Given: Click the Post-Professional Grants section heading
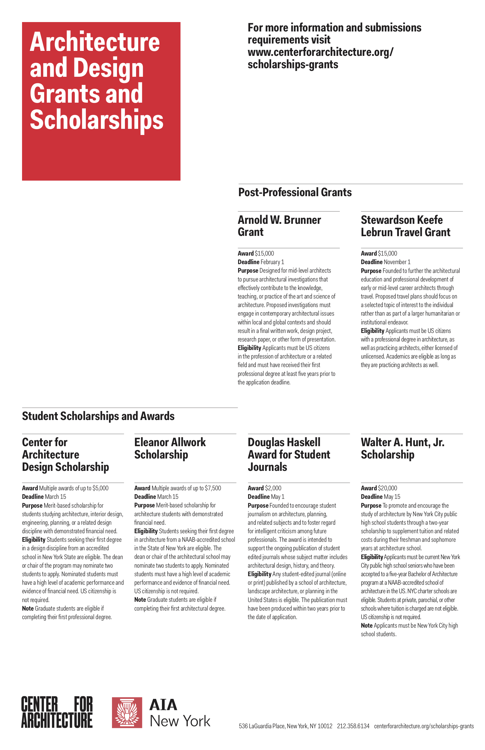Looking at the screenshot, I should point(295,192).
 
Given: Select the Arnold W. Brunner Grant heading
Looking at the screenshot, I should point(279,226).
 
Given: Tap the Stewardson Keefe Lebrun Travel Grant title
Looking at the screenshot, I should point(405,226).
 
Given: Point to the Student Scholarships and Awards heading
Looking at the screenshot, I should point(98,416).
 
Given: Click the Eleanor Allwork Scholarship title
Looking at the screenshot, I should point(170,448).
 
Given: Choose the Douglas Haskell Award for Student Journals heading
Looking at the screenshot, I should point(288,454).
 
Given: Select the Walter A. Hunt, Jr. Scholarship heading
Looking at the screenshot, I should point(402,448).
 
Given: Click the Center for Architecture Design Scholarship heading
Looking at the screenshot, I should point(66,454).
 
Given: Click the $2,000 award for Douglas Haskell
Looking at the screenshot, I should point(273,488).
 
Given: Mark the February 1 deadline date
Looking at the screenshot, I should point(272,262).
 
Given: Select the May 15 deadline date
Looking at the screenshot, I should point(392,497).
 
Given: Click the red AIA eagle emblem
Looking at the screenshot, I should point(127,712).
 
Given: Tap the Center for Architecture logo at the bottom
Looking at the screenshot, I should point(57,712).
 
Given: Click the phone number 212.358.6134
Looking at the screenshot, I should point(353,726).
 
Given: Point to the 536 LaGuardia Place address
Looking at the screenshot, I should point(285,726).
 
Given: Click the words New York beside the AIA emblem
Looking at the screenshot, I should point(180,721).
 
